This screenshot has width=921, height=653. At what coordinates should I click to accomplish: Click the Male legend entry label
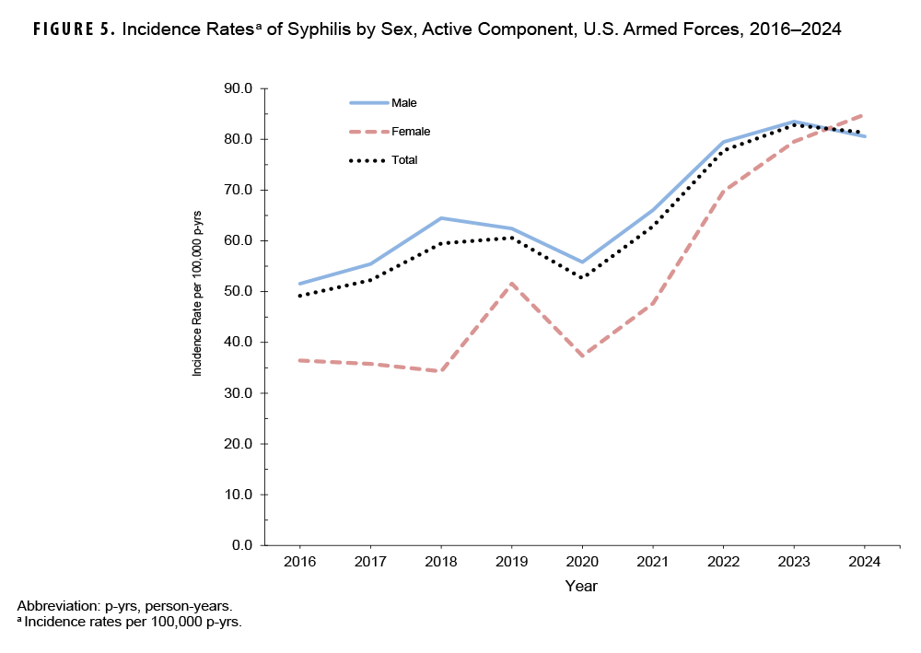(404, 102)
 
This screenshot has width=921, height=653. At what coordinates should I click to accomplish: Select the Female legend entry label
(411, 132)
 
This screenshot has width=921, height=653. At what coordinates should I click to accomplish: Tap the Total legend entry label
(404, 160)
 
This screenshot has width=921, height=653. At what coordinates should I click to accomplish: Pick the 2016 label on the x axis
(299, 562)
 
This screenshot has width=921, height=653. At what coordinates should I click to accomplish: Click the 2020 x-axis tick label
(582, 562)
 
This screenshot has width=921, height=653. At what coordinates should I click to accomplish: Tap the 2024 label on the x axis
(865, 562)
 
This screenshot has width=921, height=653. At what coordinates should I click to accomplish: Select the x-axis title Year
(581, 586)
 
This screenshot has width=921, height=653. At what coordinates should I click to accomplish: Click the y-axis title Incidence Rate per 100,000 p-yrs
(197, 293)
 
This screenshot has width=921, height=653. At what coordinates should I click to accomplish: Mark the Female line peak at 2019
(511, 284)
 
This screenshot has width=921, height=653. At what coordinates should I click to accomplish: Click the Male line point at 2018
(440, 218)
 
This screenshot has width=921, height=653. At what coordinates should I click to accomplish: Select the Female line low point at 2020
(582, 356)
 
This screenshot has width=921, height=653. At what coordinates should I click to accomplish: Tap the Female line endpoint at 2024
(864, 114)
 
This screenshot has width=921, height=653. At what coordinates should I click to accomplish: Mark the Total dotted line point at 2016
(299, 296)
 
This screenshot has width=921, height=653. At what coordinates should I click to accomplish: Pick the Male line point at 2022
(723, 142)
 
